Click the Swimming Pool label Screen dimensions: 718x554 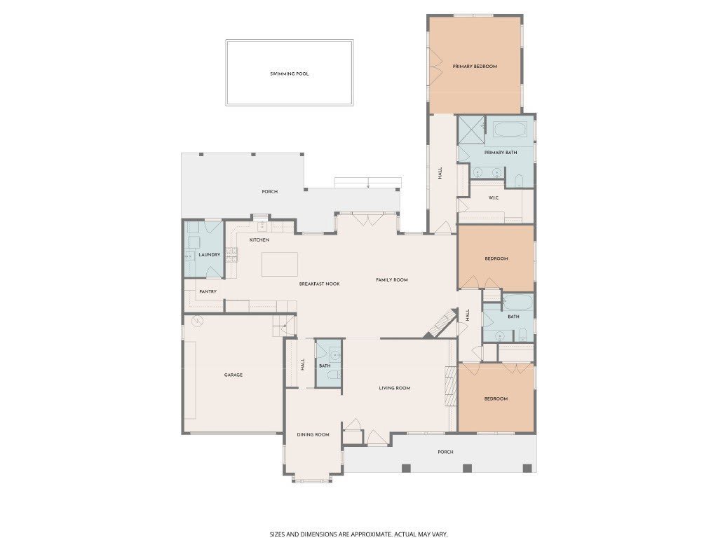(x=290, y=74)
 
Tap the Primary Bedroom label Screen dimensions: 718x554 (x=475, y=67)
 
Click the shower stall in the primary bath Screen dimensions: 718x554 (x=471, y=130)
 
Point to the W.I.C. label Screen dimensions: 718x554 (x=494, y=198)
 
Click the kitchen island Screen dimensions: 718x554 (x=280, y=265)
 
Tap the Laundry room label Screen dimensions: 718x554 (x=209, y=254)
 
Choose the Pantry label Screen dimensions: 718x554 (x=208, y=291)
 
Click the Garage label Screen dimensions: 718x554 (x=233, y=375)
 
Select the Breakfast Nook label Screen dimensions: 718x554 (x=320, y=284)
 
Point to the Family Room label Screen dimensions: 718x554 (x=392, y=280)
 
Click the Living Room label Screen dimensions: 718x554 (x=395, y=389)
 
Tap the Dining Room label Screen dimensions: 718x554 (x=313, y=435)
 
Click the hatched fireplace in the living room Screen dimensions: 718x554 (x=451, y=387)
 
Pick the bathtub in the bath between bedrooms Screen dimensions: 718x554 (x=518, y=303)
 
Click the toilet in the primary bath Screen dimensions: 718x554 (x=519, y=181)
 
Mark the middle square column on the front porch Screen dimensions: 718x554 (x=467, y=468)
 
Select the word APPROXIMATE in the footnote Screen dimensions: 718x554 (x=369, y=534)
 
